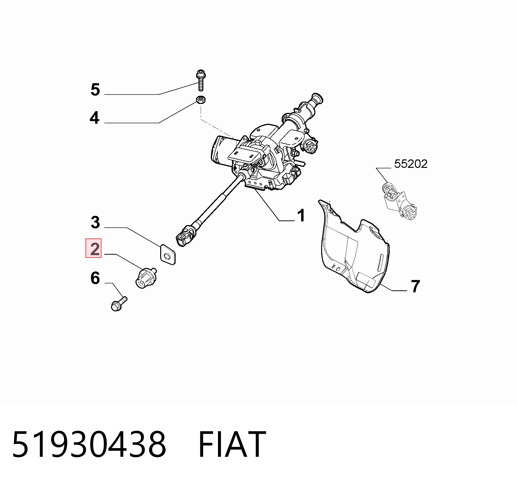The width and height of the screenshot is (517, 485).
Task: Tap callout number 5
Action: (95, 90)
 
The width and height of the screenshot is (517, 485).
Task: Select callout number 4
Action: (94, 118)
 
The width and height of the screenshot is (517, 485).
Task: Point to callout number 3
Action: (95, 223)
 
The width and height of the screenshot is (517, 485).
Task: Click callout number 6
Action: (95, 278)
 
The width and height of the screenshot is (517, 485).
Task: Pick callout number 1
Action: (301, 215)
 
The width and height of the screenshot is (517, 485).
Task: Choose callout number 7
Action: (415, 286)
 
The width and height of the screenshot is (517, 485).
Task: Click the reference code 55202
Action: (411, 164)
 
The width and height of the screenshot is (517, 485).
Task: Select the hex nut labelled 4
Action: (201, 99)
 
